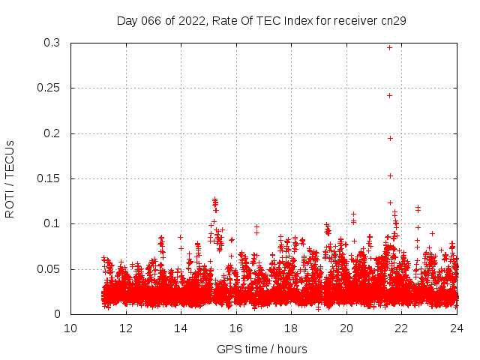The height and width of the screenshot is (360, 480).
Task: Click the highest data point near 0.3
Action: pos(389,47)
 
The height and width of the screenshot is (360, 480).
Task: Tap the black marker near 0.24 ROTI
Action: pos(389,95)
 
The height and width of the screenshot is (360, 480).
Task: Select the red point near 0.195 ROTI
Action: pos(390,138)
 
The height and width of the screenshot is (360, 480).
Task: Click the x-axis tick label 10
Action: pos(70,328)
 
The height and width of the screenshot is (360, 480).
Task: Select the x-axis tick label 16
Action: pos(236,328)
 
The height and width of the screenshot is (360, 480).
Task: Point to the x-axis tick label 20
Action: pos(346,328)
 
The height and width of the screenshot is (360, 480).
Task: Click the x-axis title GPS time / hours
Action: pos(262,349)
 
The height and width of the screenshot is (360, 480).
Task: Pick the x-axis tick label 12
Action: pos(126,328)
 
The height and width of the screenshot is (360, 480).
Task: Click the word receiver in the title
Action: pos(353,20)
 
